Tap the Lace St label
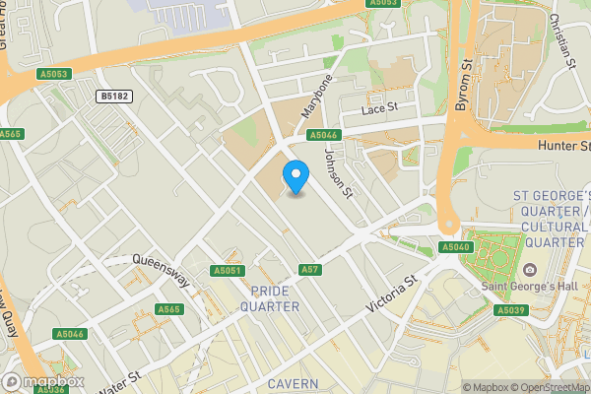[378, 107]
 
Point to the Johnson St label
[338, 172]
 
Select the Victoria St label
[392, 294]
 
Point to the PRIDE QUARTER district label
[275, 298]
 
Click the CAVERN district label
[291, 383]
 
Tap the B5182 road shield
[114, 97]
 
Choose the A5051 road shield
[227, 270]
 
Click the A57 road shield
[310, 269]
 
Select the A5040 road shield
[454, 246]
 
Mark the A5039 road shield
[509, 310]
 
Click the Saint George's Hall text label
[528, 287]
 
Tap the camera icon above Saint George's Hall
[530, 270]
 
